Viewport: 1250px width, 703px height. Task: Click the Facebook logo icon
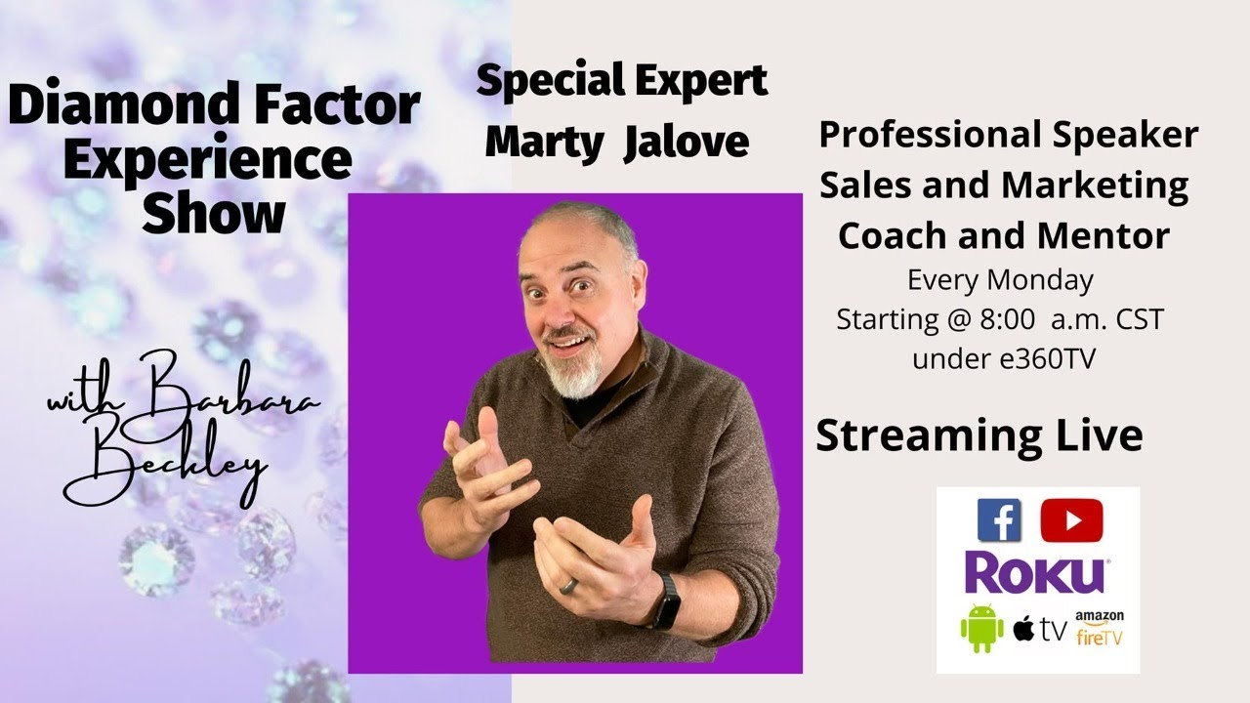coord(999,519)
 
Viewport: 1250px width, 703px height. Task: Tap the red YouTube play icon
coord(1070,519)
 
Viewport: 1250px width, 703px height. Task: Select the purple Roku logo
coord(1035,573)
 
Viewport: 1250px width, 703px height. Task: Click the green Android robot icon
coord(980,628)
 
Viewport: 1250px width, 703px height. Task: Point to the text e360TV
coord(1047,358)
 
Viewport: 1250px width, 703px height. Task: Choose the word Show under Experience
coord(213,213)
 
